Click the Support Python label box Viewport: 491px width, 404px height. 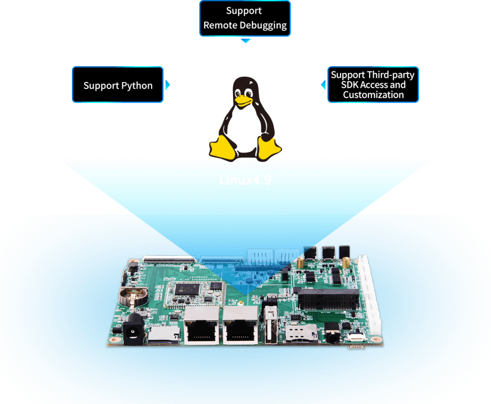click(x=118, y=85)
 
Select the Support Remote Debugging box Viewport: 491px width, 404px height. click(x=245, y=19)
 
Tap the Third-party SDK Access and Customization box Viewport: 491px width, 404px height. click(x=373, y=84)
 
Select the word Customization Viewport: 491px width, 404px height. click(x=373, y=95)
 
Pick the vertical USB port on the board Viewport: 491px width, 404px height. click(x=269, y=328)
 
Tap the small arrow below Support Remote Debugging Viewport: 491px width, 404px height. click(x=245, y=41)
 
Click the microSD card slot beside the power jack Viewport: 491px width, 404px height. click(x=163, y=334)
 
